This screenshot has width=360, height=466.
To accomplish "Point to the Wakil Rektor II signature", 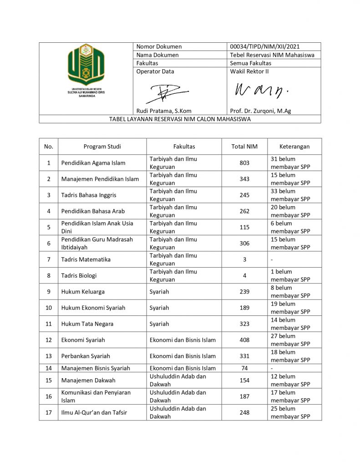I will (x=261, y=91).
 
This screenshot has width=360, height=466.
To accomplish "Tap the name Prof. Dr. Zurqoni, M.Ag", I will (x=260, y=111).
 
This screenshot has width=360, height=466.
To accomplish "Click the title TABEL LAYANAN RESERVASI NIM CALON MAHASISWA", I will (x=180, y=119).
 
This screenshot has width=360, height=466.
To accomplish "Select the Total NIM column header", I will (x=244, y=147).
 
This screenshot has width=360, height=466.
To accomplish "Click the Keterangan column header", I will (x=294, y=147).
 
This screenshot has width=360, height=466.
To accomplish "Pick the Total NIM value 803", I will (x=244, y=163).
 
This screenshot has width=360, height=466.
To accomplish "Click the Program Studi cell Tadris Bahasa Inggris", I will (x=89, y=195).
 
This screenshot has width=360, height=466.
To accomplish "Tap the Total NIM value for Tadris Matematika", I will (x=244, y=259).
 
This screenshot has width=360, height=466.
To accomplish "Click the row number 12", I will (x=49, y=340).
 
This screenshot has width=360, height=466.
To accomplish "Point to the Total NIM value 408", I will (x=244, y=340).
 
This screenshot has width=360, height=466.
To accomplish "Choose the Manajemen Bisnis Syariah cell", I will (x=96, y=368).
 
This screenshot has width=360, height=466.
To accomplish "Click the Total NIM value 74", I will (x=244, y=368).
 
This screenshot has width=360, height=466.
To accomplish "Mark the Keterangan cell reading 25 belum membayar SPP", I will (x=290, y=412).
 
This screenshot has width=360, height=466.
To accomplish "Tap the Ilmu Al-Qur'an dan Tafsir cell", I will (x=94, y=413).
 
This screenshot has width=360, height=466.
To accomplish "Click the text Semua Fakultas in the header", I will (x=250, y=63).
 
